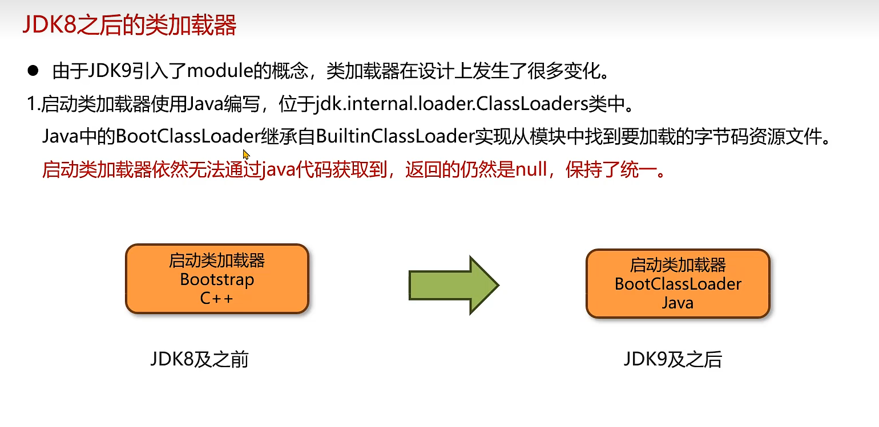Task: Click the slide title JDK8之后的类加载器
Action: (129, 26)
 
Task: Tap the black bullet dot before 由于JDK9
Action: (33, 71)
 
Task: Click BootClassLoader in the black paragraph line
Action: (188, 137)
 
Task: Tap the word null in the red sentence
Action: (531, 170)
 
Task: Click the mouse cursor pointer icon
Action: (246, 154)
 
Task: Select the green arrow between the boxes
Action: (454, 285)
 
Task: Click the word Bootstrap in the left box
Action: (217, 279)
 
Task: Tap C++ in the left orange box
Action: (217, 298)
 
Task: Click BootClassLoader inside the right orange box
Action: (678, 284)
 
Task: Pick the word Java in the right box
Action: (678, 302)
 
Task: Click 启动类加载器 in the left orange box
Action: (217, 261)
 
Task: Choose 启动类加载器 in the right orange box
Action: (678, 265)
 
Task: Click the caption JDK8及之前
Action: (199, 360)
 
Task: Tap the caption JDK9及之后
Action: (672, 360)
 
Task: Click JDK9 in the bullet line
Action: (112, 72)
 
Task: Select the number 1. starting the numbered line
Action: (33, 105)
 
